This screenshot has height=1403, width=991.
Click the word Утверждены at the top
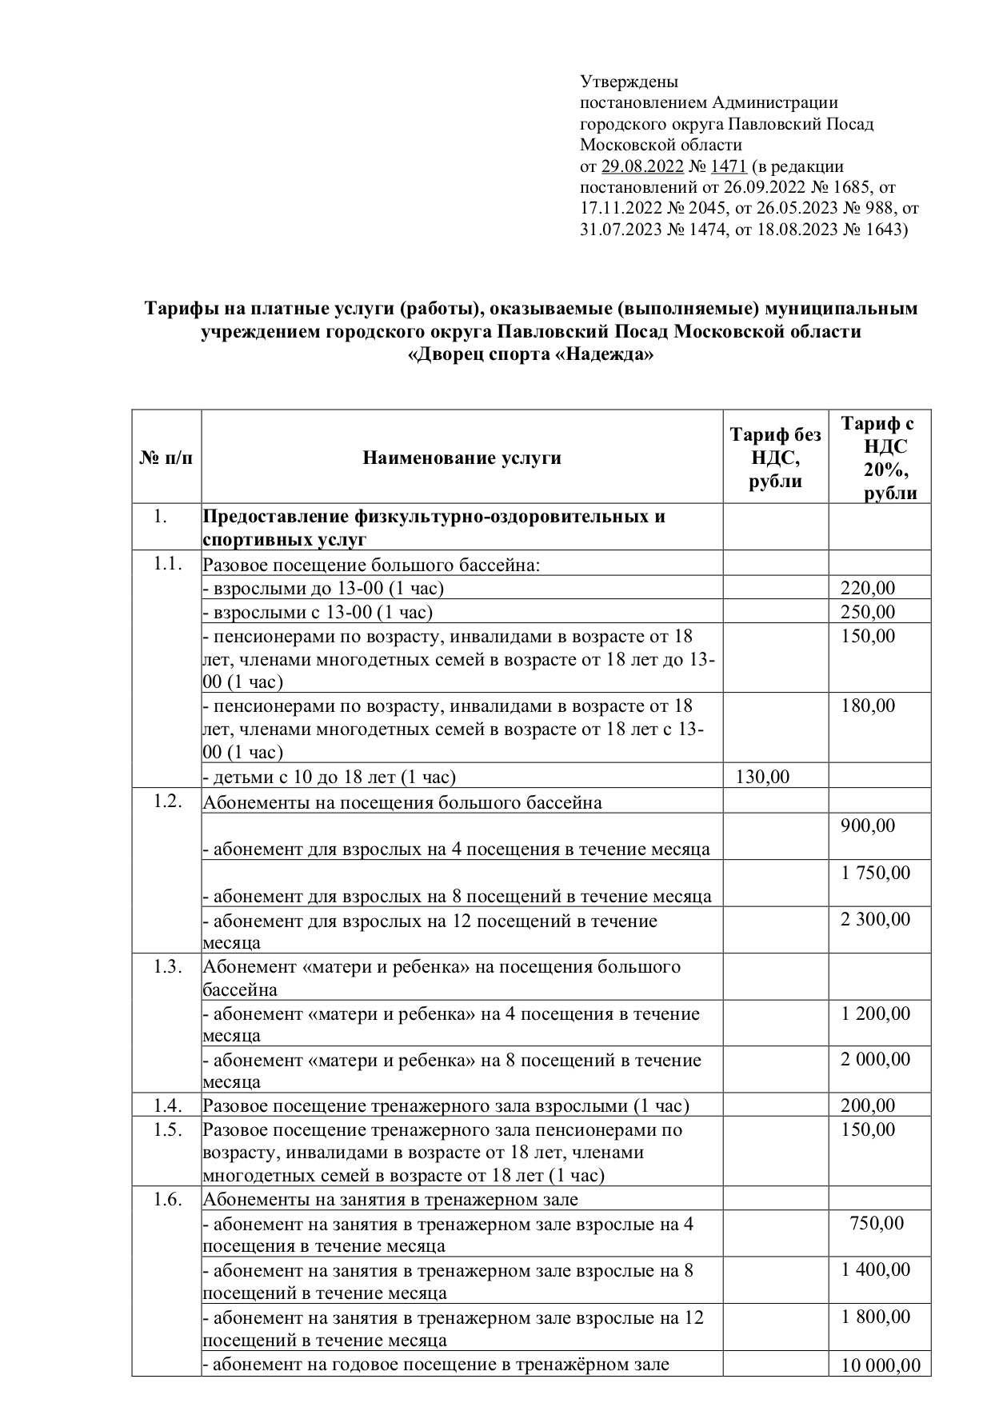tap(629, 82)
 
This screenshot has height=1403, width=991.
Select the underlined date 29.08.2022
tap(642, 166)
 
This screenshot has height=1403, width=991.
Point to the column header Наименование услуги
tap(462, 458)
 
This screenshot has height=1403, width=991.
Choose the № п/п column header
tap(166, 458)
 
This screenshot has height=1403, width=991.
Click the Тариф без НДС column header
tap(775, 458)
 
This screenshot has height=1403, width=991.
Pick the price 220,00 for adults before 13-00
tap(868, 589)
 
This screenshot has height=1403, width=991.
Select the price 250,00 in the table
tap(868, 613)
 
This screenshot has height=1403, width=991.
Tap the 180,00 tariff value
tap(868, 706)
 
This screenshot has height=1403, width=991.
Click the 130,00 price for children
tap(762, 777)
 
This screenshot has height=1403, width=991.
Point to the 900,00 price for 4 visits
tap(868, 826)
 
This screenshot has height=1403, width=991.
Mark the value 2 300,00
tap(875, 920)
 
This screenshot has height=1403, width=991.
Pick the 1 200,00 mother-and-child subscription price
tap(875, 1013)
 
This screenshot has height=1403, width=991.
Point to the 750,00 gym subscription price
tap(877, 1223)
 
